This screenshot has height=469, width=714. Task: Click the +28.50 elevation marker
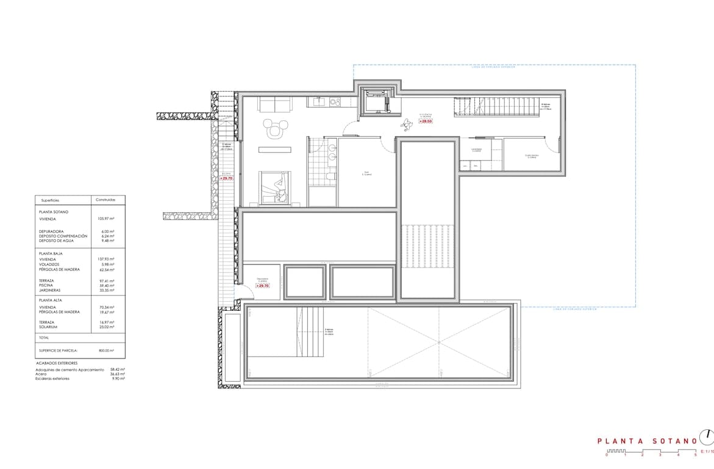(425, 121)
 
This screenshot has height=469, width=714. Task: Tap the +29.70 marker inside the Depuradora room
(262, 285)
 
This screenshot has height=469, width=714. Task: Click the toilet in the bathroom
(330, 176)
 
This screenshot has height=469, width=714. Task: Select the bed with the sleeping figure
(274, 187)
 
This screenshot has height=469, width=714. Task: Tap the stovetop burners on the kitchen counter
(335, 101)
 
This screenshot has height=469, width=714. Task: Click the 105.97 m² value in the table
(106, 218)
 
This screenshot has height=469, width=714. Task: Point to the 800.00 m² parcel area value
(105, 350)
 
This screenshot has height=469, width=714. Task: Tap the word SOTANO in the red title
(674, 440)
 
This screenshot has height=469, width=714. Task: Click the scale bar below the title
(651, 451)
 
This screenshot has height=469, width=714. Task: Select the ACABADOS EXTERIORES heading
(57, 363)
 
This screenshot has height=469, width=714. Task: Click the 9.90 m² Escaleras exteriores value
(118, 379)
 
